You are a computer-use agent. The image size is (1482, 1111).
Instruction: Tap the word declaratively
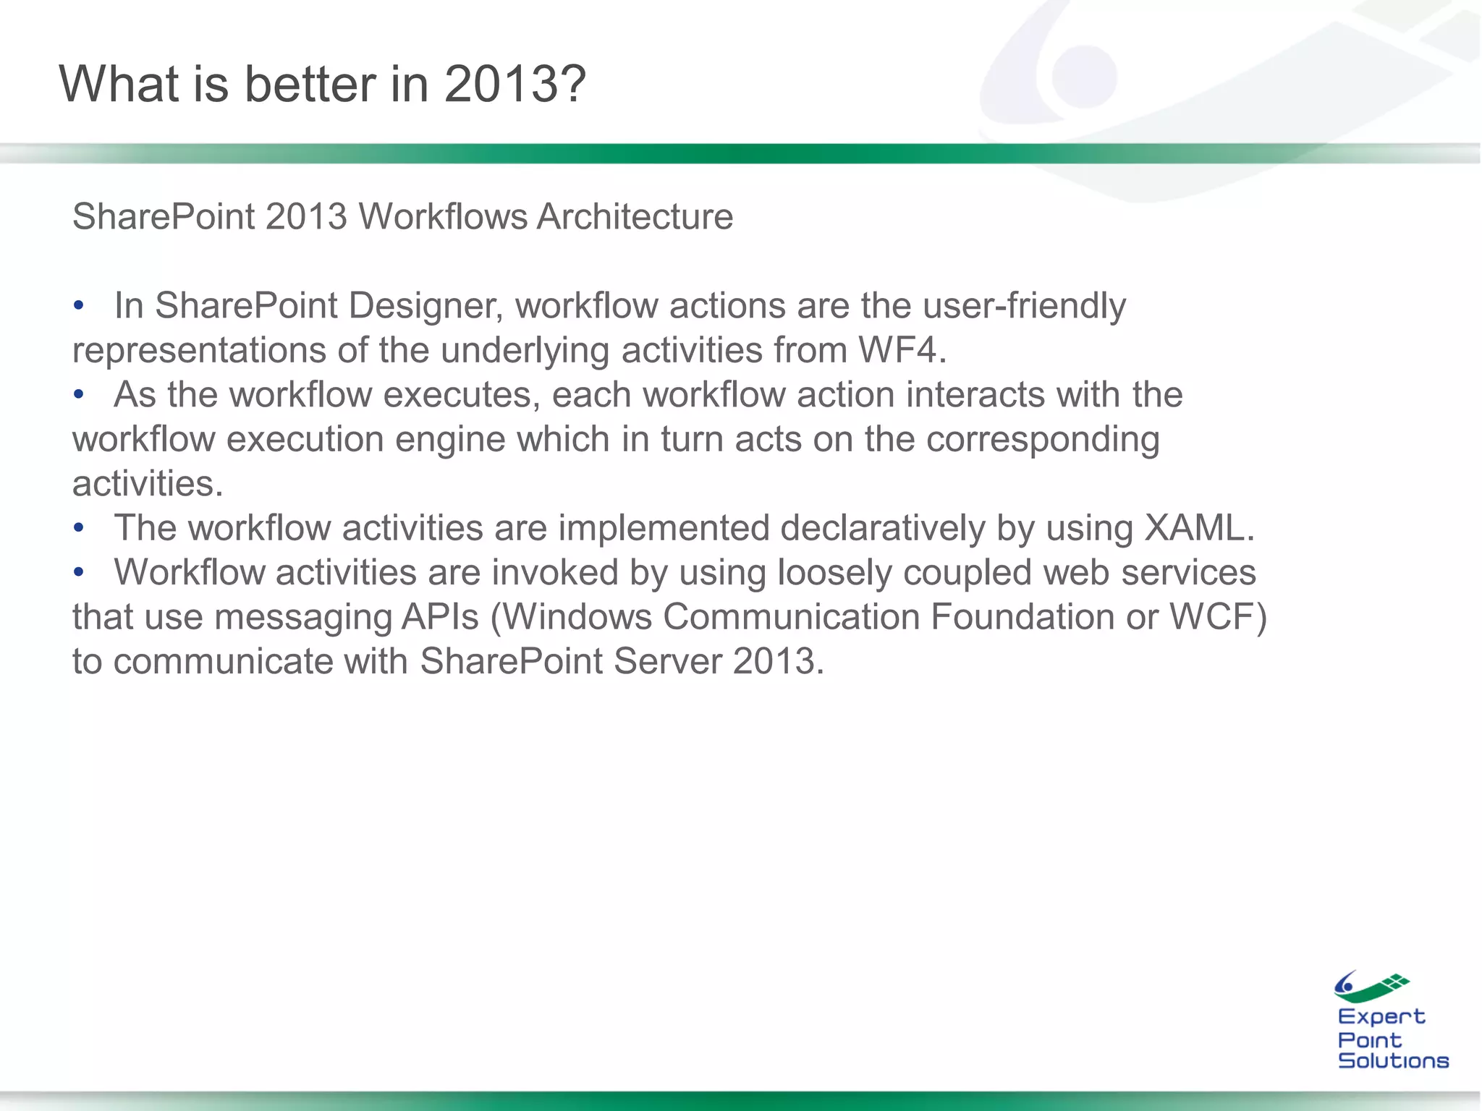tap(882, 528)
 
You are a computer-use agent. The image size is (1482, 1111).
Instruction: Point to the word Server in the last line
tap(667, 662)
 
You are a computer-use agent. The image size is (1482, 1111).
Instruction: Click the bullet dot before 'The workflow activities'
tap(79, 529)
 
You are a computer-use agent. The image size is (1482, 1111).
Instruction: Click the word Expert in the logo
tap(1381, 1017)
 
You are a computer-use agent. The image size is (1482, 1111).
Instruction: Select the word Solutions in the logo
tap(1393, 1060)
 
